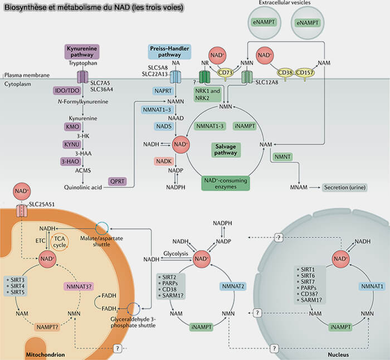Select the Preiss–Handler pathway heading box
[170, 52]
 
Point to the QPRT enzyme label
[116, 181]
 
